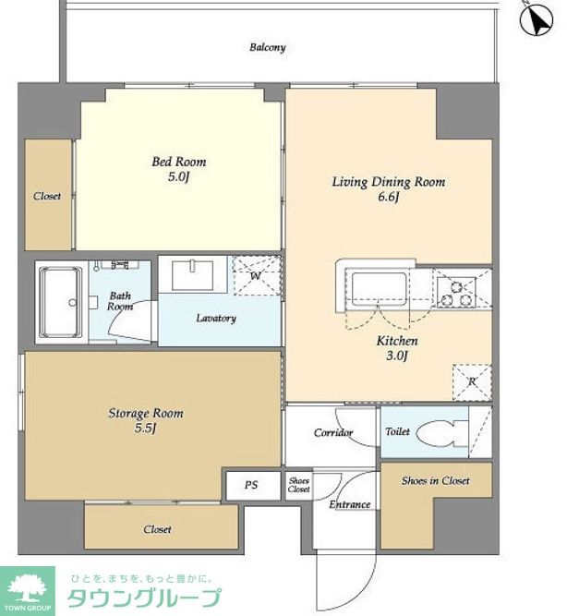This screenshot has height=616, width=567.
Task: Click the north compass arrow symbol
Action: click(x=537, y=18)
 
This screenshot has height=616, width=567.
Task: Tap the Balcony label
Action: click(x=268, y=47)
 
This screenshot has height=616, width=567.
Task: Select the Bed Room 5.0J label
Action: click(x=179, y=169)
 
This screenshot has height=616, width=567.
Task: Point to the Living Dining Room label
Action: click(x=389, y=182)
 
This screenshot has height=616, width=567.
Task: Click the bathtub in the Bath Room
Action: click(x=61, y=302)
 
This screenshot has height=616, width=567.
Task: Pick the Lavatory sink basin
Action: click(x=192, y=275)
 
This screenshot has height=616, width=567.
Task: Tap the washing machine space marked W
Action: click(x=258, y=275)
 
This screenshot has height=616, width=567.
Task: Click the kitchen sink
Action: click(x=379, y=289)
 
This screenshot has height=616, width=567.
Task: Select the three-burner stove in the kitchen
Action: click(x=456, y=292)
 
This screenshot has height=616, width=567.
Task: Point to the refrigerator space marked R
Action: click(x=472, y=382)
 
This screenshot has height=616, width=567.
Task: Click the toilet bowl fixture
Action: click(x=441, y=434)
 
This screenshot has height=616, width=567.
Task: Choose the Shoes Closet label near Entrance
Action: click(x=299, y=485)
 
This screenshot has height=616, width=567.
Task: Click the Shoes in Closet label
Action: click(x=435, y=481)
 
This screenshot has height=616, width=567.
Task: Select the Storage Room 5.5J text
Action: click(x=146, y=421)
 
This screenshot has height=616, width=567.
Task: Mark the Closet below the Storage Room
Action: click(x=161, y=526)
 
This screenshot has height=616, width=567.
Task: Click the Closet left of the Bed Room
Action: click(x=48, y=195)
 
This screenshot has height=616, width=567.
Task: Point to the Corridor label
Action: click(x=333, y=433)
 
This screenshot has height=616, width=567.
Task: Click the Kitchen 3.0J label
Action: click(x=397, y=348)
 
